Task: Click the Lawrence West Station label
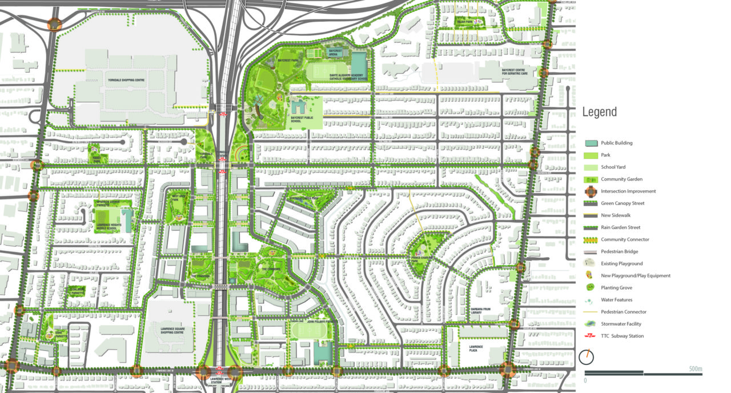220,381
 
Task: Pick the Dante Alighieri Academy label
339,77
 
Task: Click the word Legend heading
599,112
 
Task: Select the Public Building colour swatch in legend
592,143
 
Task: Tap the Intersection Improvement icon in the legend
592,191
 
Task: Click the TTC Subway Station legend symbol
592,336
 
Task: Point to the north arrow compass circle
587,357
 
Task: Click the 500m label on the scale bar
695,368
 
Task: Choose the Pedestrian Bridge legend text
620,251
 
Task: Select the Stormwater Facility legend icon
592,324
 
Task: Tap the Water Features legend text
616,300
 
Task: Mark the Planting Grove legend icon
592,288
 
